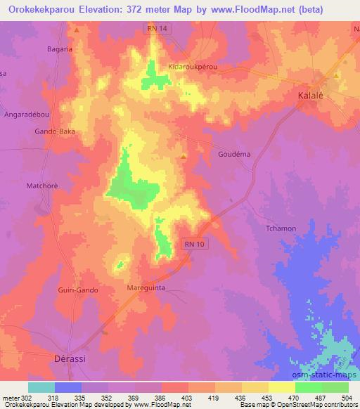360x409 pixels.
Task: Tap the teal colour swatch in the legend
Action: [x=41, y=387]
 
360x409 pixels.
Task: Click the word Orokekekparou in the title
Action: [x=42, y=9]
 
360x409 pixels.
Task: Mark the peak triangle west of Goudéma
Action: [x=184, y=157]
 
